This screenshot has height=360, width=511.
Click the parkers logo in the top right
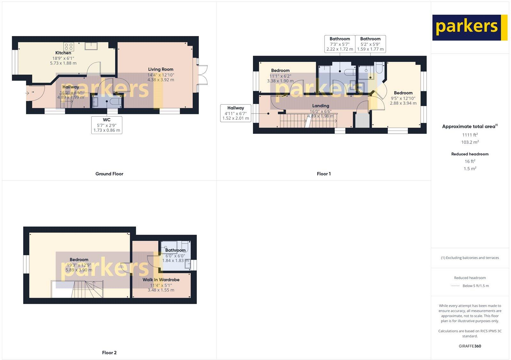pos(469,27)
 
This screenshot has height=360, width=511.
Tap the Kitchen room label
pos(63,53)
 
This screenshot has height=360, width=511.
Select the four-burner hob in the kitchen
pos(69,47)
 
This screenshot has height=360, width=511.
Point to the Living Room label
pos(161,69)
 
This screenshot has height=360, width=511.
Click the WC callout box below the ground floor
pos(107,125)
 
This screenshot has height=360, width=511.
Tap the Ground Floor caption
pos(109,174)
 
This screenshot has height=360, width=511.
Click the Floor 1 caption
pos(324,174)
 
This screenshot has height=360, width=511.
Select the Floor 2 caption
pos(109,353)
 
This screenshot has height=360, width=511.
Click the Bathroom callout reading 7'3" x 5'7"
pos(339,44)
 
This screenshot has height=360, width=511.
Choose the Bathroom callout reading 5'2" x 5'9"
pos(370,44)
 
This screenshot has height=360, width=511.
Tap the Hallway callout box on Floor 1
pos(235,113)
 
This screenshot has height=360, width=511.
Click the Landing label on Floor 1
pos(321,106)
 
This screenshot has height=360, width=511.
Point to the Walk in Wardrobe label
pos(161,280)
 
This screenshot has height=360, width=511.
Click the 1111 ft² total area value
pos(470,135)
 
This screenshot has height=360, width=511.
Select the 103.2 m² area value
pos(470,142)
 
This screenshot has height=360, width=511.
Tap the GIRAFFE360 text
pos(470,346)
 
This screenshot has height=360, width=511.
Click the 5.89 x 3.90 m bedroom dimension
pos(79,270)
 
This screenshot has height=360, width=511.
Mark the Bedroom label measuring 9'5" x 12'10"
pos(403,93)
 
